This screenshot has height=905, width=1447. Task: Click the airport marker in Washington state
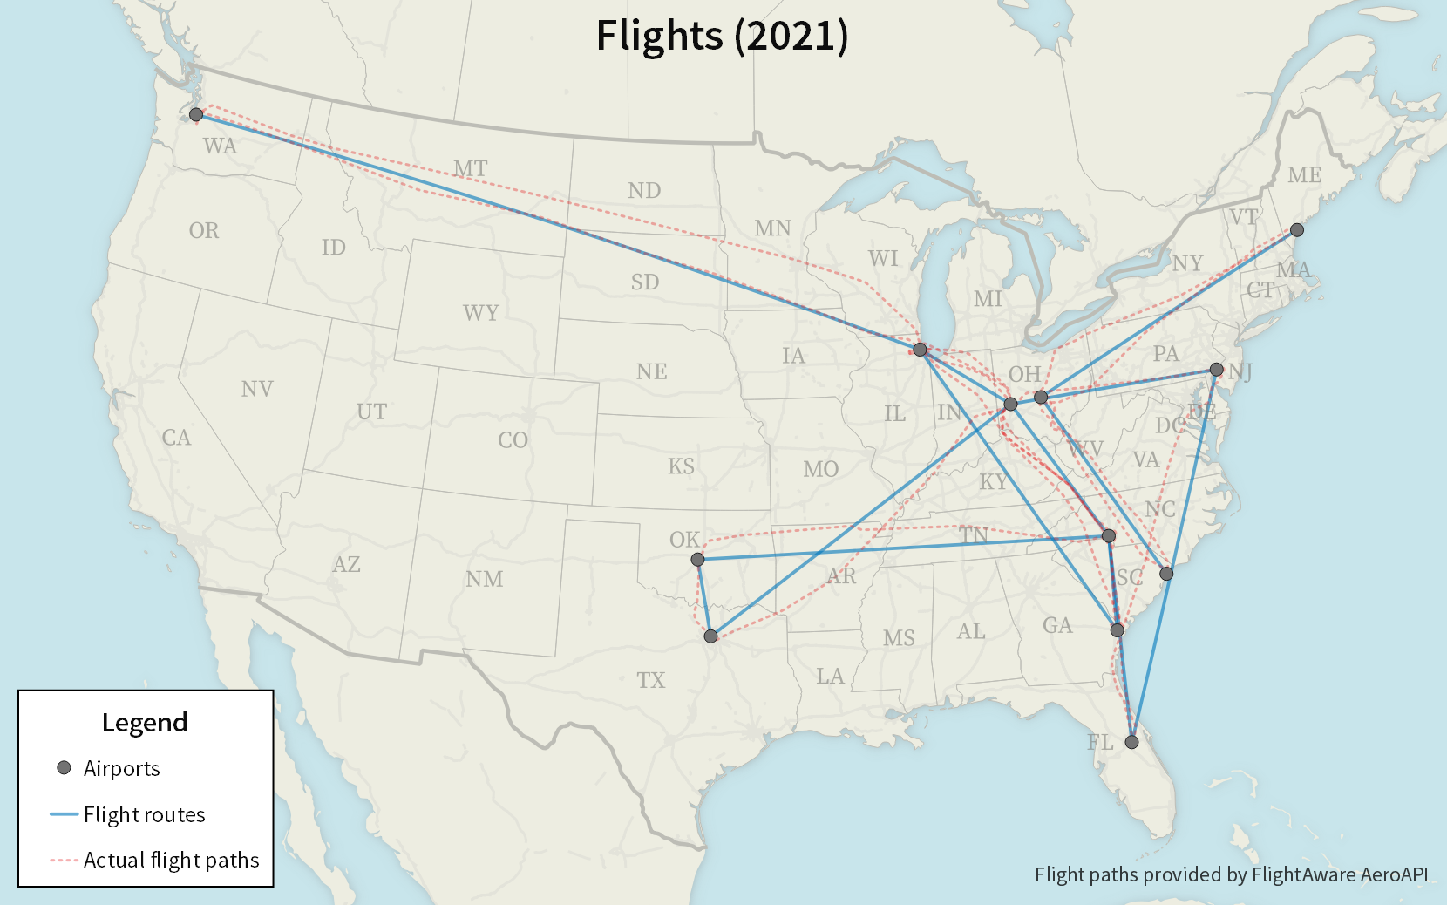point(196,114)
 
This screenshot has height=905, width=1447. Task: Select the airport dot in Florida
point(1131,742)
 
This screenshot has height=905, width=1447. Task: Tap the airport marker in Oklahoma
point(697,559)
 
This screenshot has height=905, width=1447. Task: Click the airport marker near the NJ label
point(1216,370)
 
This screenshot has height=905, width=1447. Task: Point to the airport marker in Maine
point(1297,230)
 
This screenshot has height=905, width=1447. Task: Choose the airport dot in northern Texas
point(711,636)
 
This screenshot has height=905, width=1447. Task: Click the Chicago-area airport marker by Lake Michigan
point(920,350)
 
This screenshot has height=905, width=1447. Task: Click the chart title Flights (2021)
point(722,36)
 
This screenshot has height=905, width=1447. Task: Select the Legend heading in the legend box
point(145,722)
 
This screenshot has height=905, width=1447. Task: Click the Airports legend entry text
point(121,768)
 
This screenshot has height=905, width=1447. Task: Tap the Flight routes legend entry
point(144,814)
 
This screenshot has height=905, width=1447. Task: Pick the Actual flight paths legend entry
point(171,860)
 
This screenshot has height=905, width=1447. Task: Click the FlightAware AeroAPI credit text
point(1231,874)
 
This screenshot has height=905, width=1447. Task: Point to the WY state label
point(481,313)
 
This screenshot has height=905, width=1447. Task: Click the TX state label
point(650,680)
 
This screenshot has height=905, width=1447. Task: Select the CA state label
point(176,438)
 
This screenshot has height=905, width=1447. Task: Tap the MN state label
point(773,228)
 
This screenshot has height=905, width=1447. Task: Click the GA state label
point(1057,625)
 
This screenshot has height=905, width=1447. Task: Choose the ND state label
point(644,190)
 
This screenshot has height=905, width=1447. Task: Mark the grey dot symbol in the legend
point(64,768)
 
